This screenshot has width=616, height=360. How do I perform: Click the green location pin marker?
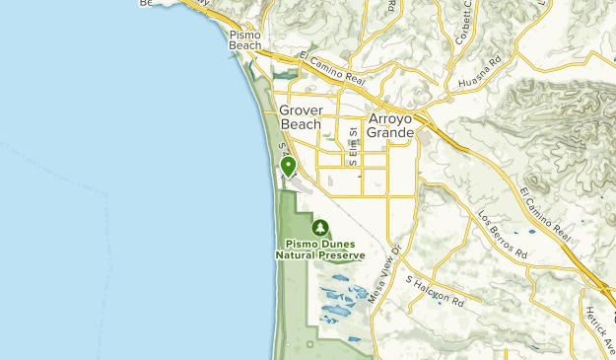pos(288,168)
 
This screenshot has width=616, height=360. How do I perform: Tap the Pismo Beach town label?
pos(245,39)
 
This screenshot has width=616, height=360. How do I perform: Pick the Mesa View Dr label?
pos(386,266)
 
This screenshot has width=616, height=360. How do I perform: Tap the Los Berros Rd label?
pos(503,235)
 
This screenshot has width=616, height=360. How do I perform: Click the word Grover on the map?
pos(300,110)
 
